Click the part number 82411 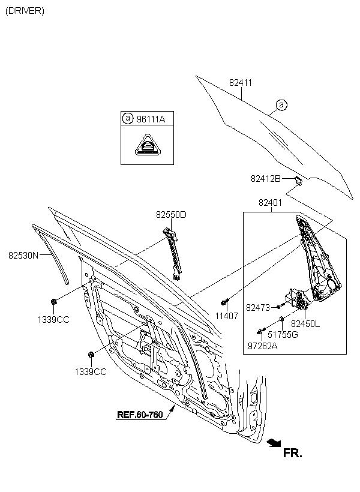click(x=241, y=83)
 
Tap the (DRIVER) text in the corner click(x=25, y=11)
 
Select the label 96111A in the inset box click(x=151, y=119)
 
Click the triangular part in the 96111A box click(x=148, y=145)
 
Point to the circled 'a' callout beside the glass click(x=281, y=104)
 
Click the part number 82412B click(x=266, y=179)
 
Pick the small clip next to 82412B click(x=298, y=181)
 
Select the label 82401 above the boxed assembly click(x=270, y=203)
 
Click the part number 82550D click(x=171, y=215)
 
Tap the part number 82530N click(x=23, y=256)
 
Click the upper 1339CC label click(x=53, y=320)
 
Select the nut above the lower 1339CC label click(x=91, y=355)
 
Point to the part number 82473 click(x=258, y=308)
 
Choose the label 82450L click(x=305, y=324)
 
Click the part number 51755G click(x=283, y=335)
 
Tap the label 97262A click(x=263, y=346)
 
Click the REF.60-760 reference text click(x=140, y=415)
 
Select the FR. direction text click(x=293, y=453)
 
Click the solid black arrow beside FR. click(x=274, y=443)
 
